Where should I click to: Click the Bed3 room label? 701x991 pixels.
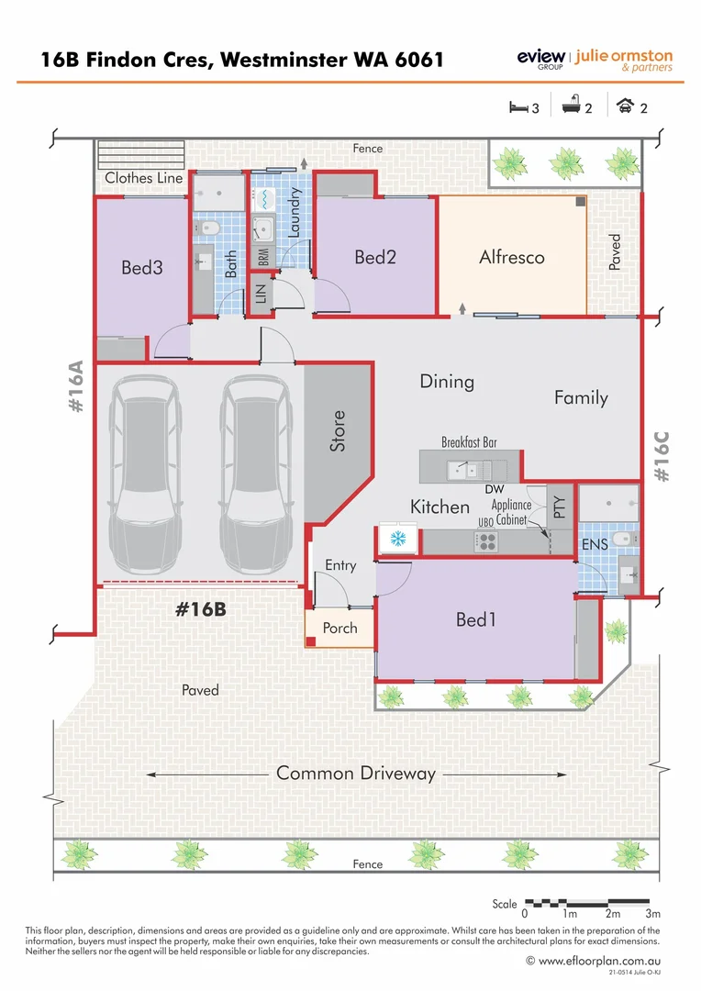coord(142,268)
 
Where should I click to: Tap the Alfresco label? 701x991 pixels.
coord(511,258)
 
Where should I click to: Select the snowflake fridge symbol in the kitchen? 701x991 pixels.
coord(398,539)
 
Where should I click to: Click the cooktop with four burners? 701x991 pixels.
coord(484,540)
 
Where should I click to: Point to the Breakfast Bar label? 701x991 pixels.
coord(469,442)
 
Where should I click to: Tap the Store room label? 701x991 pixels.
coord(338,430)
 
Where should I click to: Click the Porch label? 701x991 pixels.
coord(339,629)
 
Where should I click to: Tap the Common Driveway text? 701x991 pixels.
coord(356,774)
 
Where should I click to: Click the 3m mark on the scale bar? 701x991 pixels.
coord(652,914)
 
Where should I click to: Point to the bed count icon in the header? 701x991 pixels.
coord(519,107)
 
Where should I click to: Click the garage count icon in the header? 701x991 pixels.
coord(626,106)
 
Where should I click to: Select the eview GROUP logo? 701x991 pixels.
coord(540,60)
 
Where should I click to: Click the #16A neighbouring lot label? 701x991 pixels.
coord(76,389)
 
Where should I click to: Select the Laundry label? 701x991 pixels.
coord(295,213)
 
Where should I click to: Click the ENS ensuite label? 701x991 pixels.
coord(595,545)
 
